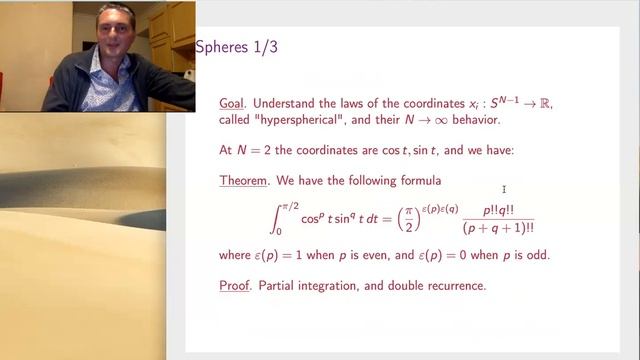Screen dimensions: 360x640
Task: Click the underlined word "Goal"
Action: click(235, 102)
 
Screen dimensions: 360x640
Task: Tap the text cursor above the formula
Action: click(504, 189)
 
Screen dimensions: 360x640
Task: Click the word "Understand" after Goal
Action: click(294, 102)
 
